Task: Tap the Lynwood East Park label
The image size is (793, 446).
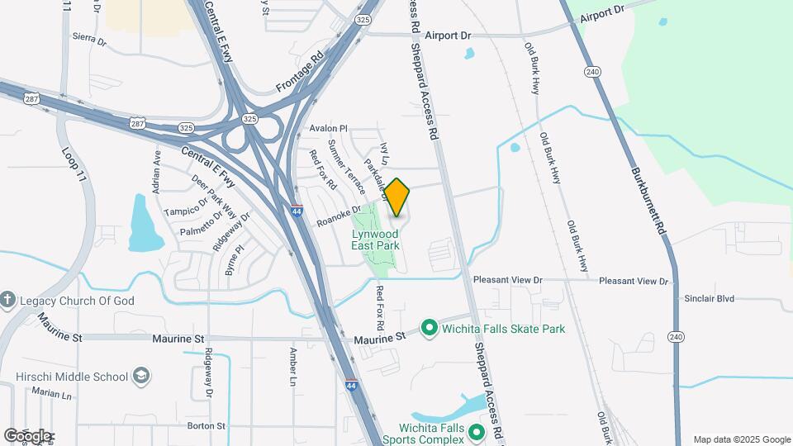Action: (375, 240)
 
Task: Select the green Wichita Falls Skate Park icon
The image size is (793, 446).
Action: (429, 329)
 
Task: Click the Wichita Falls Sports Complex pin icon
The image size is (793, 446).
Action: (476, 433)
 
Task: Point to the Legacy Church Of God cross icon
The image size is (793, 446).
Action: (7, 301)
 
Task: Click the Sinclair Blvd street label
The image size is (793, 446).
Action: (709, 298)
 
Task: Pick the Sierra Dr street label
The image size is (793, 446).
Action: (89, 38)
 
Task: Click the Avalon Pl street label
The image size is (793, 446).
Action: (329, 129)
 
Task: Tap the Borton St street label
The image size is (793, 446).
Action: (207, 426)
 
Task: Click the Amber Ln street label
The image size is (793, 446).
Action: (292, 367)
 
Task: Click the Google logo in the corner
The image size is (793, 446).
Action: (26, 435)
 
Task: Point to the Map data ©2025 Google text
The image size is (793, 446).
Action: (742, 439)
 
